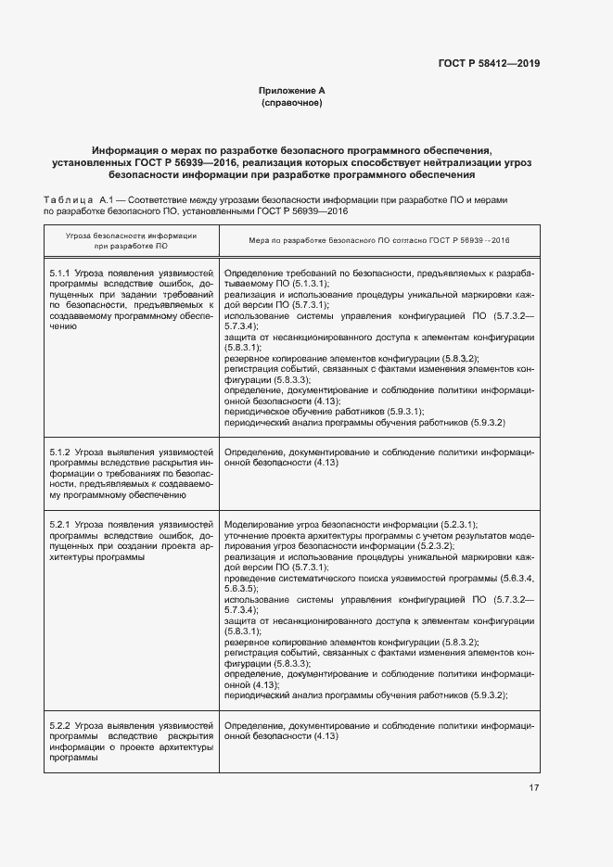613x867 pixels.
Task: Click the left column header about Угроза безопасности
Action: pos(130,241)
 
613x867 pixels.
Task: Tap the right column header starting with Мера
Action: pos(379,241)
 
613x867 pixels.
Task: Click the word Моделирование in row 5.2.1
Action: pos(257,525)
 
